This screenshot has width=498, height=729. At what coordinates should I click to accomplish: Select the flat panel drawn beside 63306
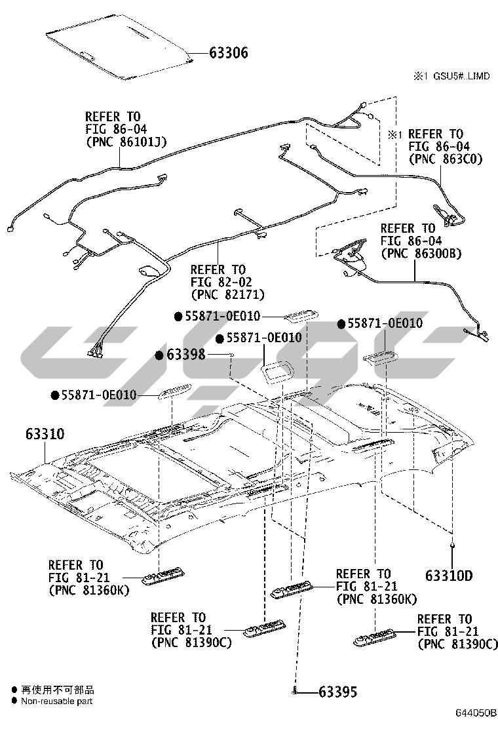point(121,53)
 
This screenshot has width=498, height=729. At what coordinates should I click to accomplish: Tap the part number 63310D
point(449,576)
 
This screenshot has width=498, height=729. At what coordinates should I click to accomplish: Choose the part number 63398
point(186,355)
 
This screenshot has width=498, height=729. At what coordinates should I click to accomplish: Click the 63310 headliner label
point(45,434)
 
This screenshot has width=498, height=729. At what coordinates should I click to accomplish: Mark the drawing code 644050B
point(476,713)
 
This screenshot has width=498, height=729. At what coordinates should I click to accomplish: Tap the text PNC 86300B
point(421,252)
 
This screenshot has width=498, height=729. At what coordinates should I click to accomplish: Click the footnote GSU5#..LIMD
point(458,77)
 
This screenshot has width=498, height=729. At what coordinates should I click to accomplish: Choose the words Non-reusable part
point(56,701)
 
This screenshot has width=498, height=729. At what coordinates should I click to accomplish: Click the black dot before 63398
point(159,355)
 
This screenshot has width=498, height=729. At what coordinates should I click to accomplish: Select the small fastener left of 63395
point(296,690)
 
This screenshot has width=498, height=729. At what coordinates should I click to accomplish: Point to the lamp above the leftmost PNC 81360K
point(164,575)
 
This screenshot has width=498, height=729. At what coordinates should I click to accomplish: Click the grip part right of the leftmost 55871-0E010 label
point(173,391)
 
